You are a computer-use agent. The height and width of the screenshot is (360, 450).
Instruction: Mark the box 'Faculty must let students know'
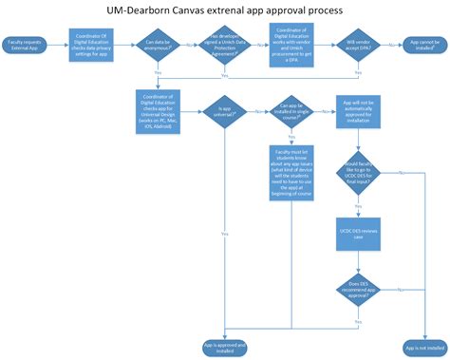(290, 170)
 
